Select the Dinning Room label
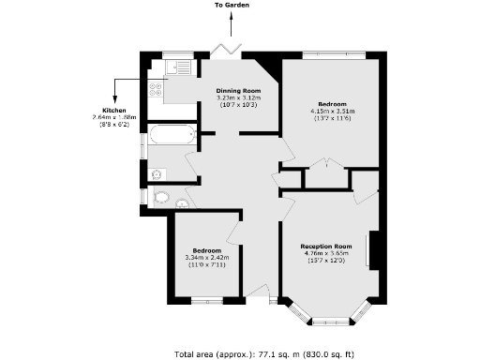pos(236,91)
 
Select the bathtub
pos(170,135)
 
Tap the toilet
pos(161,198)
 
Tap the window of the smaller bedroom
pos(206,300)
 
